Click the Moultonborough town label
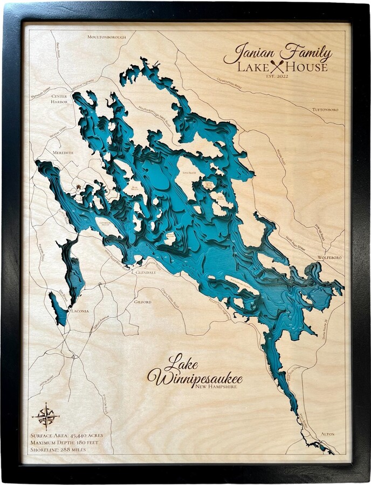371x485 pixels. (x=107, y=37)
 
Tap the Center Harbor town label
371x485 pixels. (x=59, y=99)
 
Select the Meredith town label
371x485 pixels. (x=63, y=153)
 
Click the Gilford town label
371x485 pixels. (x=143, y=302)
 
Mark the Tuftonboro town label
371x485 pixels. (x=325, y=109)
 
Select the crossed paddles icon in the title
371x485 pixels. (x=278, y=67)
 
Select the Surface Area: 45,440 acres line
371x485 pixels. (x=67, y=435)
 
